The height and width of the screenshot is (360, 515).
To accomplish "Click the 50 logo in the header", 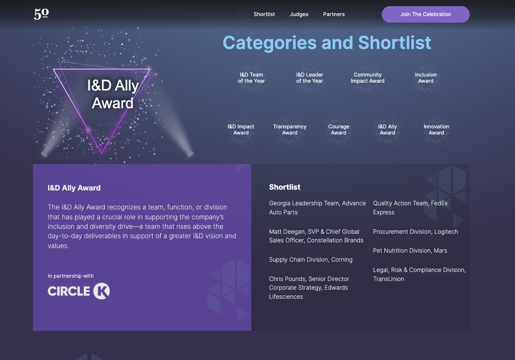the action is pyautogui.click(x=42, y=14).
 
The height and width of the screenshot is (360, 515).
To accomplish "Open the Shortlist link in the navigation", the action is pyautogui.click(x=264, y=14).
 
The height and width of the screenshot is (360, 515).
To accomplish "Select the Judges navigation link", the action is pyautogui.click(x=299, y=14).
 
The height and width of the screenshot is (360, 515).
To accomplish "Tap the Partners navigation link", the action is pyautogui.click(x=334, y=14).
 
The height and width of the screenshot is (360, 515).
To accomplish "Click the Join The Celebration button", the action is pyautogui.click(x=426, y=14).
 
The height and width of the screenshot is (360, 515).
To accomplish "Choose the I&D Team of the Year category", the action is pyautogui.click(x=251, y=78).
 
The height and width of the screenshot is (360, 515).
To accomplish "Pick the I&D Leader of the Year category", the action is pyautogui.click(x=309, y=78).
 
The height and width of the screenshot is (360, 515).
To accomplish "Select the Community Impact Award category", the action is pyautogui.click(x=368, y=78).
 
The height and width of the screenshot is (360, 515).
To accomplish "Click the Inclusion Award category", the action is pyautogui.click(x=426, y=78).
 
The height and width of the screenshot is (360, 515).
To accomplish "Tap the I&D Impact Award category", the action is pyautogui.click(x=241, y=130).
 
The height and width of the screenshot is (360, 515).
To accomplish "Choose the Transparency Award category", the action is pyautogui.click(x=290, y=130).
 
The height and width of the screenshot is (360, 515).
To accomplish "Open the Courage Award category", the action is pyautogui.click(x=339, y=130).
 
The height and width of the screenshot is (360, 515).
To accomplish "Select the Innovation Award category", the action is pyautogui.click(x=436, y=130).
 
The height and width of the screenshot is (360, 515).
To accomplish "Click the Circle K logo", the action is pyautogui.click(x=79, y=291).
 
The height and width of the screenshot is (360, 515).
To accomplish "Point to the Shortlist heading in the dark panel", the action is pyautogui.click(x=285, y=187).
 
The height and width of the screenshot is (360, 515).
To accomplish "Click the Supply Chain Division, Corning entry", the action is pyautogui.click(x=311, y=260).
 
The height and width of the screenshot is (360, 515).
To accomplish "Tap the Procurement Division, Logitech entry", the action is pyautogui.click(x=415, y=232).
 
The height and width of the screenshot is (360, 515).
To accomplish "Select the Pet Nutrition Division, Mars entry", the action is pyautogui.click(x=410, y=251).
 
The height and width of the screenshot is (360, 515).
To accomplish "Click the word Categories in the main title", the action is pyautogui.click(x=270, y=43).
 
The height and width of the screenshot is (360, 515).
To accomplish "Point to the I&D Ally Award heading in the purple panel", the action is pyautogui.click(x=74, y=188).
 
